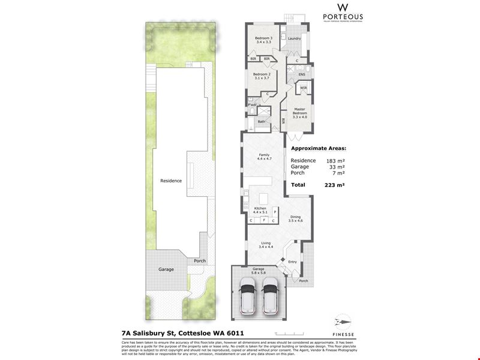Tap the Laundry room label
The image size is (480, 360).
pos(294,38)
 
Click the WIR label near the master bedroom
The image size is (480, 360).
pos(304,88)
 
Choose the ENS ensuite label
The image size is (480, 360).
pos(302,74)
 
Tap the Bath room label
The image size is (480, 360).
pos(262,121)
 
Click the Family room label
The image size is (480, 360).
pos(265,157)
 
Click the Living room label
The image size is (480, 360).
pos(266,244)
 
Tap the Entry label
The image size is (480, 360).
pos(292,262)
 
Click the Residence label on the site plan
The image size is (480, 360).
pos(171,180)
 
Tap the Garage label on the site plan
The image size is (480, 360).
pos(166,269)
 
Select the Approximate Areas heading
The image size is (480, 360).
pos(319,148)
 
